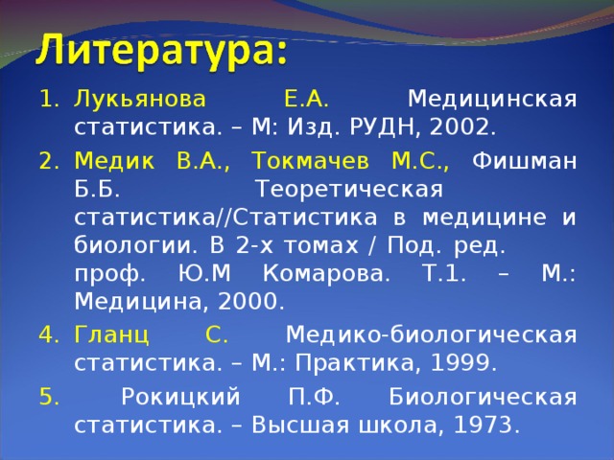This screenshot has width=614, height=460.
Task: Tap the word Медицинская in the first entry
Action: pyautogui.click(x=491, y=100)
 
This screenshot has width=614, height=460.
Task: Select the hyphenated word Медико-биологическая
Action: pyautogui.click(x=431, y=334)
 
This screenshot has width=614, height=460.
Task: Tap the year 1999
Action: pyautogui.click(x=463, y=364)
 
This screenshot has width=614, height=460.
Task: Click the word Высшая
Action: pyautogui.click(x=292, y=425)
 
